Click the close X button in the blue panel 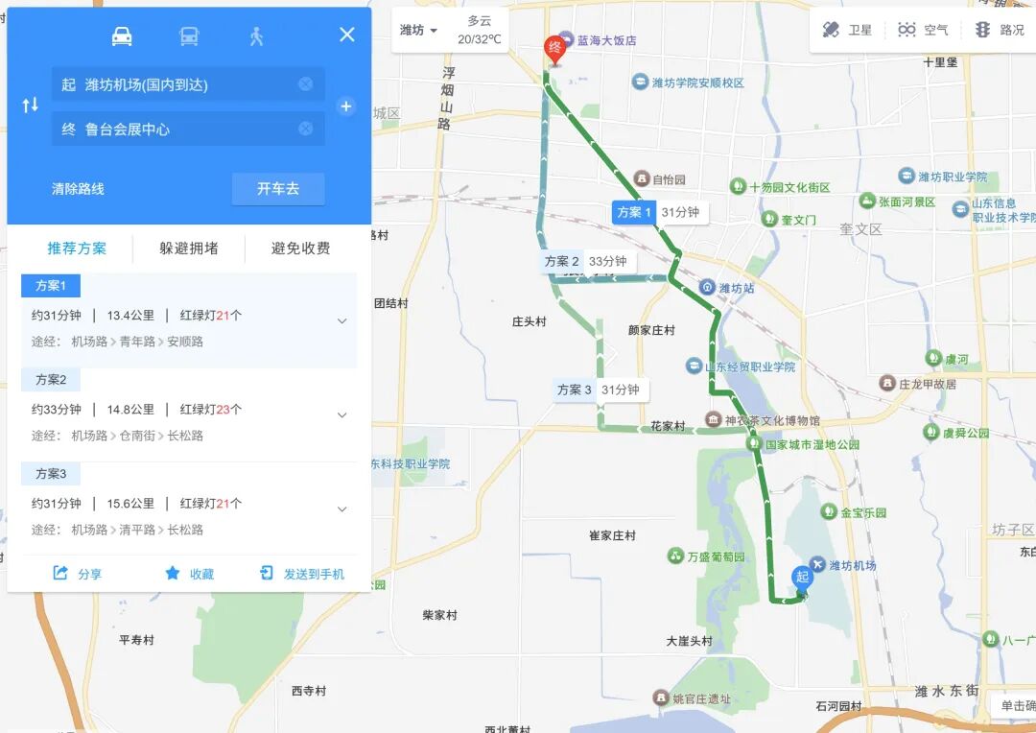347,35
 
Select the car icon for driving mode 122,36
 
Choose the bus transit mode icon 189,36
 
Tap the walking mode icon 256,36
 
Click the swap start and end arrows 30,106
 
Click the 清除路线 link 78,189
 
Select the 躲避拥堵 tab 189,248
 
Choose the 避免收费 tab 300,248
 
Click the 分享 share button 78,574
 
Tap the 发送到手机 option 302,574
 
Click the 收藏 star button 189,574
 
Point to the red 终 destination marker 553,48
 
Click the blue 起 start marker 802,578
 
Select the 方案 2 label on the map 561,261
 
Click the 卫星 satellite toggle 848,30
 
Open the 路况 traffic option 1000,30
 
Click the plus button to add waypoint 346,106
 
